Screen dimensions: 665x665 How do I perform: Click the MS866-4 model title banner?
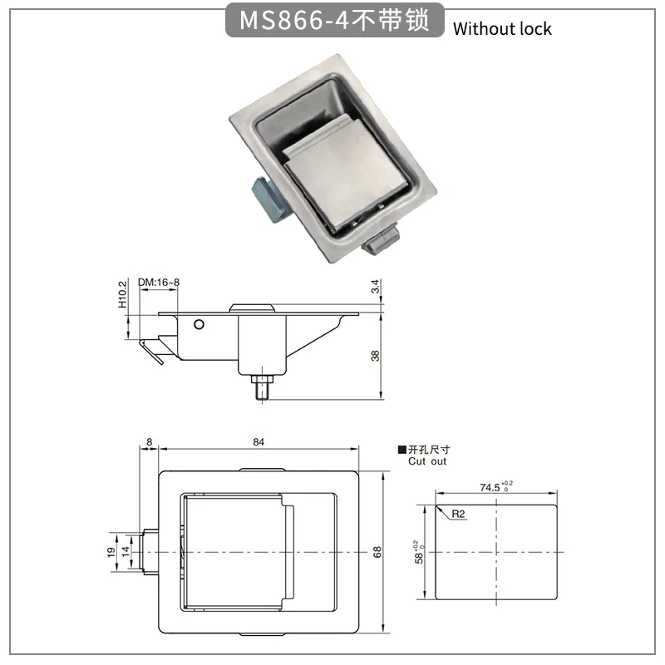pos(334,20)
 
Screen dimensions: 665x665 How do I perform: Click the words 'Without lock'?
pos(502,29)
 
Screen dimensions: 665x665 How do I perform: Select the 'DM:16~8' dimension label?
pos(159,282)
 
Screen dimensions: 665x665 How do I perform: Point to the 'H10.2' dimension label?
pos(122,294)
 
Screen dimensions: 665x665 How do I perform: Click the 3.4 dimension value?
pos(376,286)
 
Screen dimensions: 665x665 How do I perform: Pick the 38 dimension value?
pos(376,356)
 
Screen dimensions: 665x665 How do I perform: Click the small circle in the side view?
pos(199,325)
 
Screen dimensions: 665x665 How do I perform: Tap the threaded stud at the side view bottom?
pos(263,388)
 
